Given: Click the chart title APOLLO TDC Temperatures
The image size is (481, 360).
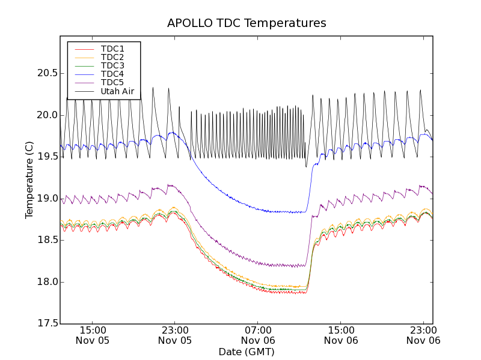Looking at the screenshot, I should [247, 23].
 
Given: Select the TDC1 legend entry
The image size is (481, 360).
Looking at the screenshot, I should [112, 49].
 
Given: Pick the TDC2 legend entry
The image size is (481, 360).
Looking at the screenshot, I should [112, 57].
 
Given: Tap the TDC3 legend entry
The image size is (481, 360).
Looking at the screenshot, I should [112, 65].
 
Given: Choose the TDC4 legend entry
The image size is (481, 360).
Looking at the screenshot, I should [112, 74].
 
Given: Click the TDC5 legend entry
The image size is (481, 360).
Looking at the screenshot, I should [112, 83].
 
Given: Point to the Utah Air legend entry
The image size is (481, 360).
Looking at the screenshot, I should [117, 92].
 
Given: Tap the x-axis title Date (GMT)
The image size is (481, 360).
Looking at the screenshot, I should [247, 352].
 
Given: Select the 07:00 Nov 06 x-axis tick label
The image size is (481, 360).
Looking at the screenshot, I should [258, 335].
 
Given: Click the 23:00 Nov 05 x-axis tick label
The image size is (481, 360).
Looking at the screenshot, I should [175, 335].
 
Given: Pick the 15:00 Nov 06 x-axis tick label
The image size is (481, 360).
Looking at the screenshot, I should [341, 335].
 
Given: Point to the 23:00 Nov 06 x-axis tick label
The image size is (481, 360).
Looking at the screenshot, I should [423, 335].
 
